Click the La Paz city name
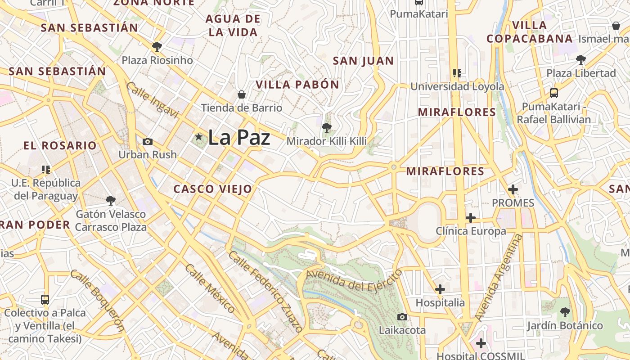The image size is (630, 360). click(x=239, y=137)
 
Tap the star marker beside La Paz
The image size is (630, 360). click(x=198, y=136)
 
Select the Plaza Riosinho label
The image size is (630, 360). click(x=157, y=60)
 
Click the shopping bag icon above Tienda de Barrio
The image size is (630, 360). click(x=242, y=94)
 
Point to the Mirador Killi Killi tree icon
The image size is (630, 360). click(x=327, y=128)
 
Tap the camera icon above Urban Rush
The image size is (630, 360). click(x=147, y=141)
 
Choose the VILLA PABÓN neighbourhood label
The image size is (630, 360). click(x=297, y=85)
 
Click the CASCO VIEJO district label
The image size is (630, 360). click(x=213, y=189)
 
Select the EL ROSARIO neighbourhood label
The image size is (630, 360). click(x=60, y=146)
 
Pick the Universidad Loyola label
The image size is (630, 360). click(x=457, y=86)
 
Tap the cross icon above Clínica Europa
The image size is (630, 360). click(x=471, y=218)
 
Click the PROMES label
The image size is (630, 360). click(x=513, y=203)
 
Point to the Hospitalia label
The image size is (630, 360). click(x=440, y=303)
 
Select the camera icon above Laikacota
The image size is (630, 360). click(x=402, y=317)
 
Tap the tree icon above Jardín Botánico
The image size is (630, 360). click(x=565, y=312)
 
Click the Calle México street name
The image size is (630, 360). click(x=210, y=288)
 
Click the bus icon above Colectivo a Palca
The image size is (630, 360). click(x=45, y=300)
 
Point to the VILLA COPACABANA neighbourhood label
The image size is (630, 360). click(x=530, y=32)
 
